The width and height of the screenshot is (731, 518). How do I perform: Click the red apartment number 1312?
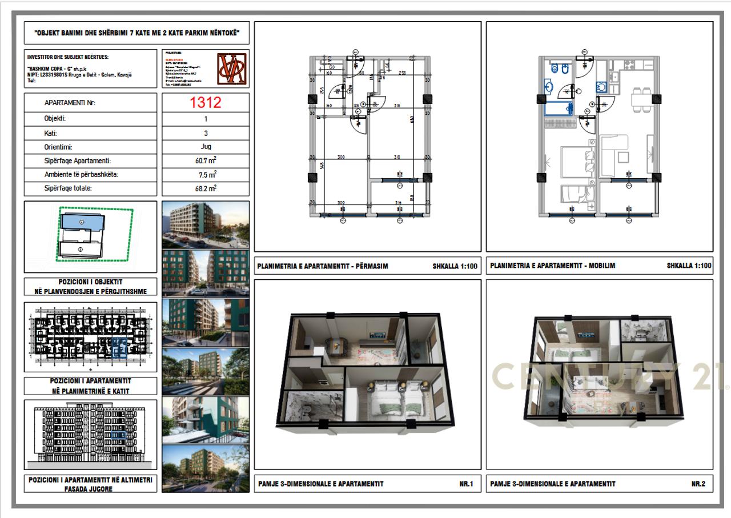206,103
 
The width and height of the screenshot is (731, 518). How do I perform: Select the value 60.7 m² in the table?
206,161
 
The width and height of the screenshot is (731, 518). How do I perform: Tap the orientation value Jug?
206,147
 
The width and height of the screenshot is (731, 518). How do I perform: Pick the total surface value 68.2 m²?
206,187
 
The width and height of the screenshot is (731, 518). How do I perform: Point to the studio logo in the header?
233,68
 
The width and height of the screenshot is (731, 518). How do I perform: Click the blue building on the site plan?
82,222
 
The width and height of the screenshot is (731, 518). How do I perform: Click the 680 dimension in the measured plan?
410,120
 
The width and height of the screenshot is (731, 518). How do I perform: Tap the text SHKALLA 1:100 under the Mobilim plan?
689,266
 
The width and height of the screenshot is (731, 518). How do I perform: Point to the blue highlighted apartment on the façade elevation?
119,436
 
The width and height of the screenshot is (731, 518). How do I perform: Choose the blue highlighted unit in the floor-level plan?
119,347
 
